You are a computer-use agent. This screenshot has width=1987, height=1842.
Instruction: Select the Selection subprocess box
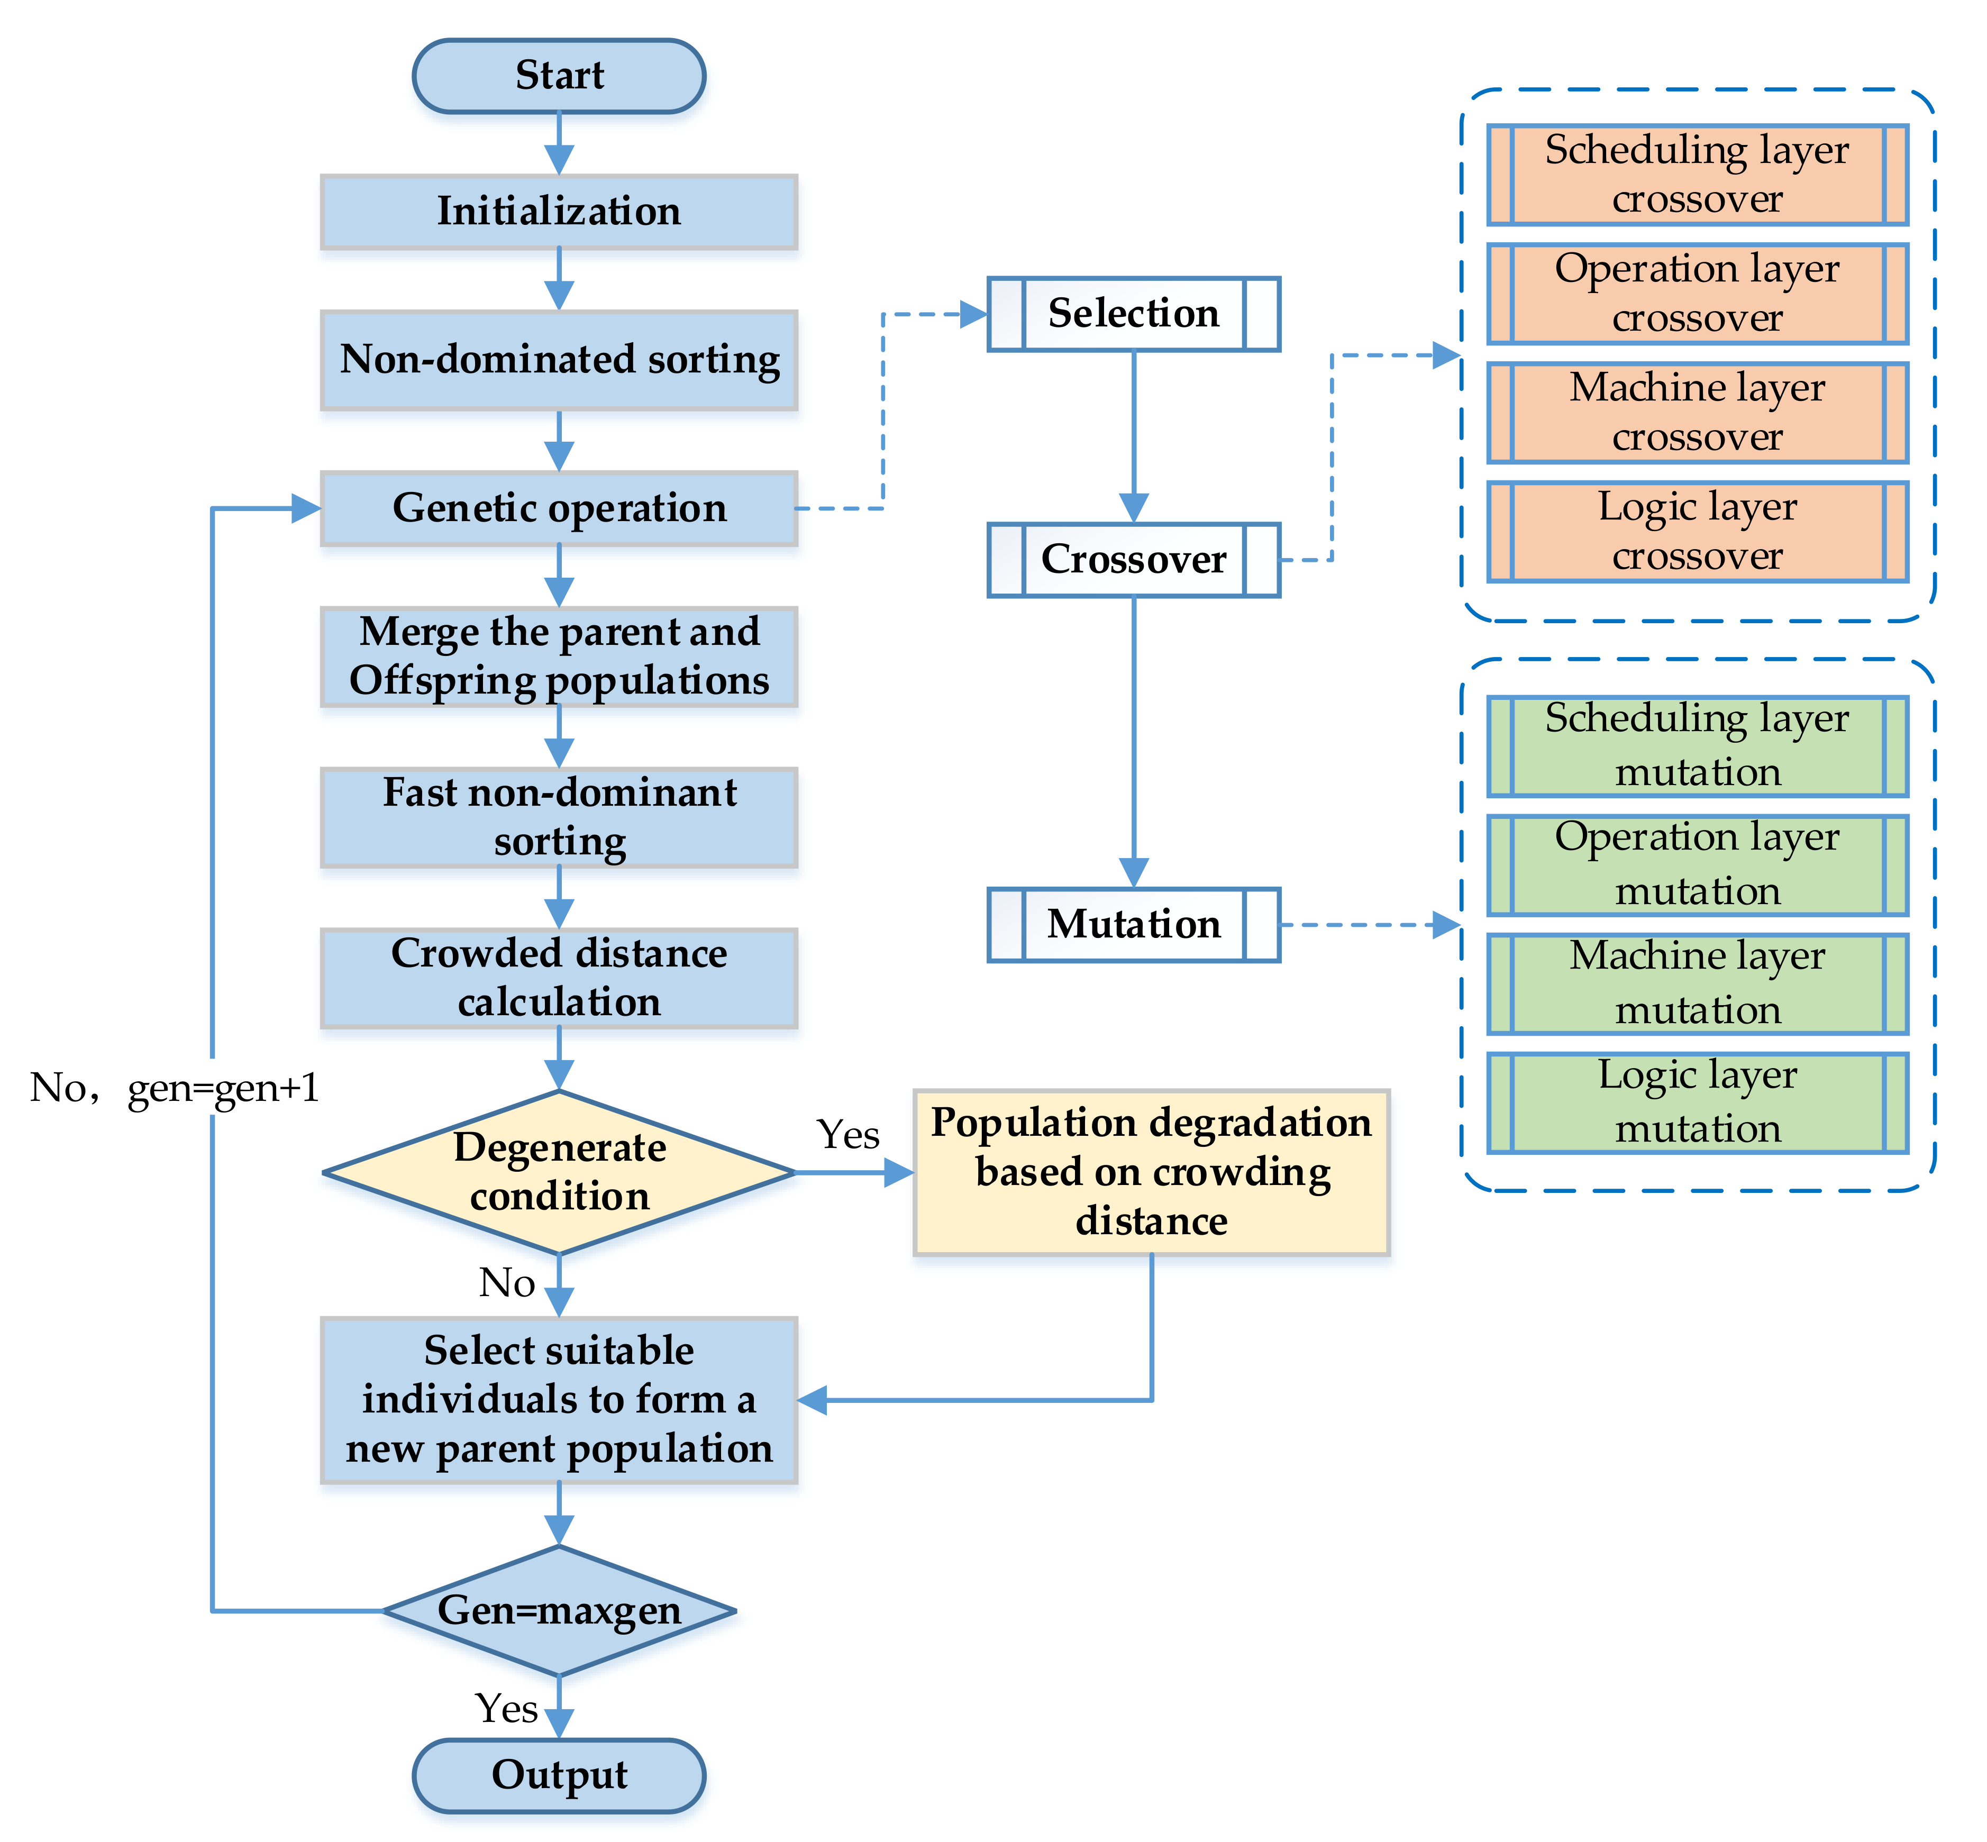coord(1134,314)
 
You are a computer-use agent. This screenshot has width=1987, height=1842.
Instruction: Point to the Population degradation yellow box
coord(1152,1172)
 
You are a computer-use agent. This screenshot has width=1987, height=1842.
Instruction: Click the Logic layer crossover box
coord(1697,531)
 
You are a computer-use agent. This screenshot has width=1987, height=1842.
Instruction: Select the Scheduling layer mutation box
coord(1697,745)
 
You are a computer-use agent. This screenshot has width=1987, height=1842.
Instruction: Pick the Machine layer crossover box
coord(1697,413)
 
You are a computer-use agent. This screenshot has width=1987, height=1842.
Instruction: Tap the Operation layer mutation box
coord(1697,864)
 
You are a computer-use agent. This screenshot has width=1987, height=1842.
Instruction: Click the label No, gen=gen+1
coord(175,1088)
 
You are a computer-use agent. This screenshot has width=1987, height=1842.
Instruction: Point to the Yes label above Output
coord(506,1709)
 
